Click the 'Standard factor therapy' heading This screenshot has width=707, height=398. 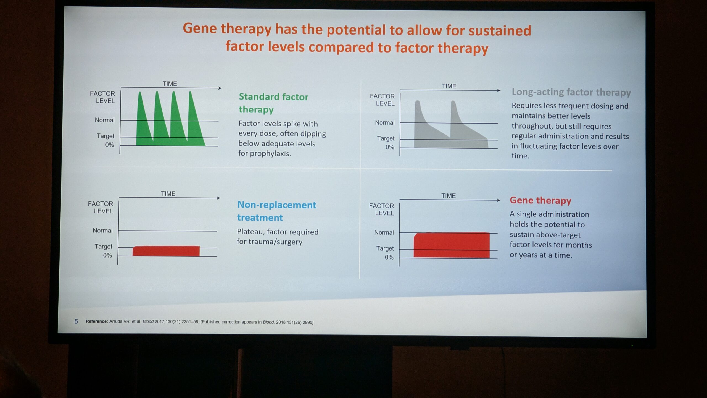pyautogui.click(x=273, y=103)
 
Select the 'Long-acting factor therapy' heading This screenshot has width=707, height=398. pyautogui.click(x=571, y=92)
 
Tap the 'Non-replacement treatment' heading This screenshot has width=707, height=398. pyautogui.click(x=276, y=211)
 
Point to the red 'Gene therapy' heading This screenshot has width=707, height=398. pyautogui.click(x=540, y=200)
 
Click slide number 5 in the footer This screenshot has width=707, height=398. pyautogui.click(x=76, y=321)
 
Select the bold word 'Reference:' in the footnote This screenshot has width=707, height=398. pyautogui.click(x=97, y=321)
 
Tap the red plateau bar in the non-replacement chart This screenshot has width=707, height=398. pyautogui.click(x=166, y=251)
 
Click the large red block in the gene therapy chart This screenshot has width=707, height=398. pyautogui.click(x=452, y=245)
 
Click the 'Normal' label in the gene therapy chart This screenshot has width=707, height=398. pyautogui.click(x=384, y=232)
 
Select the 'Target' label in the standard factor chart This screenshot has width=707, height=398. pyautogui.click(x=105, y=136)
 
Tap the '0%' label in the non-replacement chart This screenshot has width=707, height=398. pyautogui.click(x=107, y=255)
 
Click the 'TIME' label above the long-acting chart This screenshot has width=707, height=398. pyautogui.click(x=449, y=86)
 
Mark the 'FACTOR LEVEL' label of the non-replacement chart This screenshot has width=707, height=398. pyautogui.click(x=101, y=207)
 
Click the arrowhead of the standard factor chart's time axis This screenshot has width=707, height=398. pyautogui.click(x=220, y=88)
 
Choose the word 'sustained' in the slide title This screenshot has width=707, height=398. pyautogui.click(x=500, y=30)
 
